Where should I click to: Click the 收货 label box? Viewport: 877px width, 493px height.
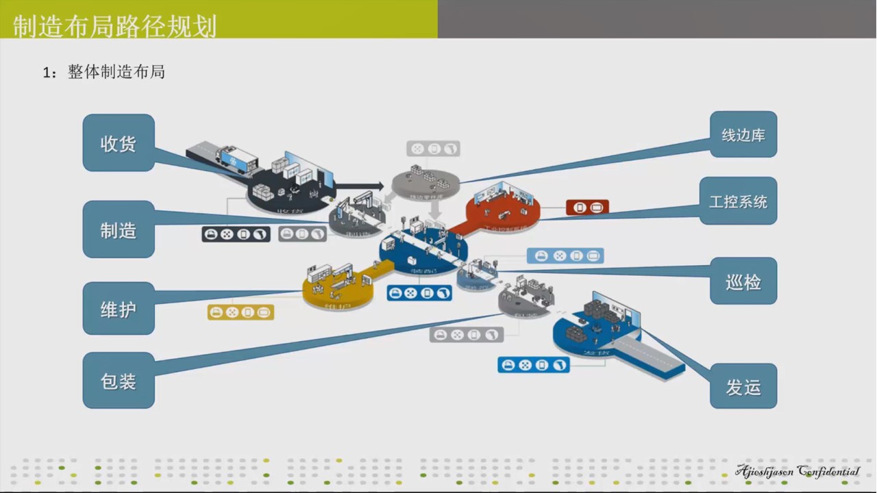119,143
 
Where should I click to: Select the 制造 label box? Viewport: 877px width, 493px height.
119,230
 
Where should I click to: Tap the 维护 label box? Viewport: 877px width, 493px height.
119,309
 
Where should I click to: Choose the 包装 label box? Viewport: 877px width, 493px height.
119,381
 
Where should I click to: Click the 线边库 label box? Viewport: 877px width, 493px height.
743,135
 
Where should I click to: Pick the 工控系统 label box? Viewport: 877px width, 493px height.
738,201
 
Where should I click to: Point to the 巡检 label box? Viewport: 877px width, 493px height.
743,281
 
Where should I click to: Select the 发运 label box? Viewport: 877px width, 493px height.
743,387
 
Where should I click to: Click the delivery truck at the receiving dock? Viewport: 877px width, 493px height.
236,159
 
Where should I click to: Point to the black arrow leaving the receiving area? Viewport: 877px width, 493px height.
360,186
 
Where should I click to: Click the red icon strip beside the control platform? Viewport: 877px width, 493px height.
587,207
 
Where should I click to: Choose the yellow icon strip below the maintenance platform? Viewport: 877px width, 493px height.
240,312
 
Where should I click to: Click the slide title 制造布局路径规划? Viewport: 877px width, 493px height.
115,26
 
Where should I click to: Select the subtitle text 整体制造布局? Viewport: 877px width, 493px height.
116,73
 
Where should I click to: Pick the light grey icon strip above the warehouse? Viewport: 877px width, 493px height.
433,149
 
